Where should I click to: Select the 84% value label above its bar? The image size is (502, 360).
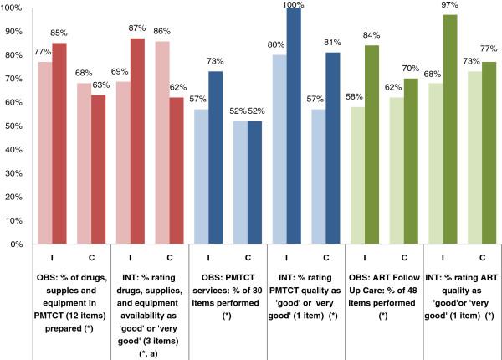[x=372, y=37]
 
